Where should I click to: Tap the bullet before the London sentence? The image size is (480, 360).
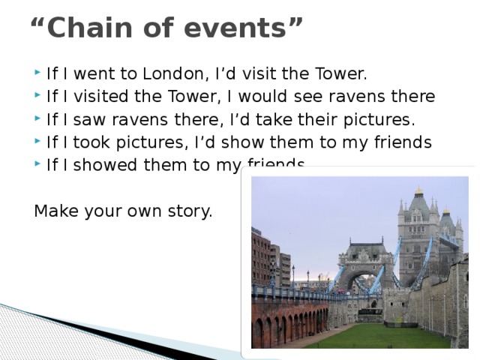38,74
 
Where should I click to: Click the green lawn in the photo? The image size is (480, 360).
375,337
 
